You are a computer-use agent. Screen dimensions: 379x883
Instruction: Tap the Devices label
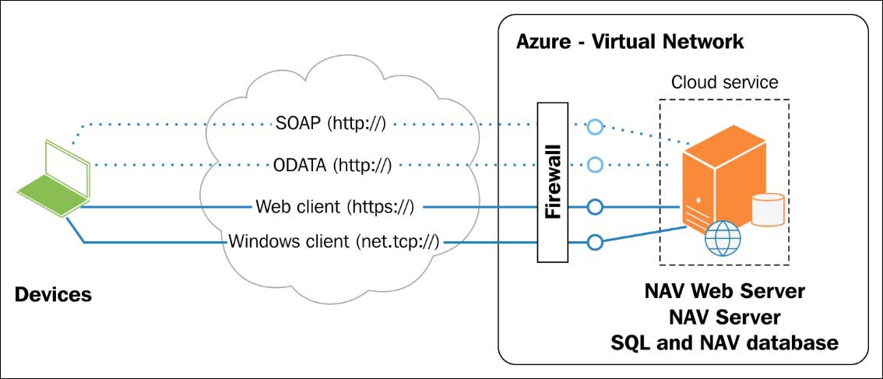pyautogui.click(x=53, y=295)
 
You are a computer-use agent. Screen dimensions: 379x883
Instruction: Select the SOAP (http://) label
pyautogui.click(x=330, y=123)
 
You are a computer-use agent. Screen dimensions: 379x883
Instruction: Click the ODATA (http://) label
pyautogui.click(x=332, y=165)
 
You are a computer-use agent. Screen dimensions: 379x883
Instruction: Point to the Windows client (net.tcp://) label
pyautogui.click(x=334, y=242)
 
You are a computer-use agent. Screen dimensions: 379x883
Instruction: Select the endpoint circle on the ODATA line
pyautogui.click(x=595, y=165)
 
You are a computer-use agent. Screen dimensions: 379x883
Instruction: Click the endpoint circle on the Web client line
pyautogui.click(x=595, y=207)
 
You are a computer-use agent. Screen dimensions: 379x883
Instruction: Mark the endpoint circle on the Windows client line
pyautogui.click(x=595, y=243)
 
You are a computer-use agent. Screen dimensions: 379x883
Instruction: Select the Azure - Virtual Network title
pyautogui.click(x=630, y=41)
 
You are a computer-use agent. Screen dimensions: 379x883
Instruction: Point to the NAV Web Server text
pyautogui.click(x=724, y=292)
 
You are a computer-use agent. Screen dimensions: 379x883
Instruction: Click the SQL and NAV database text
pyautogui.click(x=724, y=342)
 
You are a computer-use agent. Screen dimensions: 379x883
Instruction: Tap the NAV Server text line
pyautogui.click(x=724, y=318)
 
